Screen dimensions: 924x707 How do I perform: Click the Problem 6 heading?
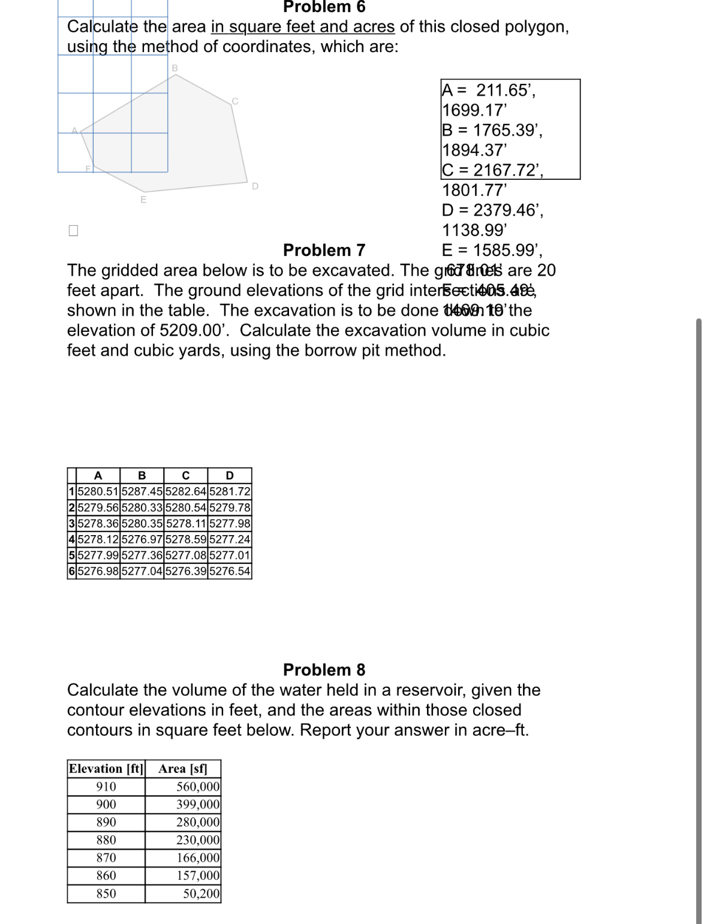[324, 7]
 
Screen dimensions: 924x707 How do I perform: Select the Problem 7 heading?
[324, 250]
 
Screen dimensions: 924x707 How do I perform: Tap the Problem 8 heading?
[324, 669]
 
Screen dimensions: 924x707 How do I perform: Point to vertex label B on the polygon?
[175, 68]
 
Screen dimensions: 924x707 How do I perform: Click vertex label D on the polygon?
[255, 186]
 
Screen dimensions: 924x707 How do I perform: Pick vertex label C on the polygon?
[235, 101]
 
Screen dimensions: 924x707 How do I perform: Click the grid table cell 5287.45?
[142, 492]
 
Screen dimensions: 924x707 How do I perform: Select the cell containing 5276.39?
[186, 571]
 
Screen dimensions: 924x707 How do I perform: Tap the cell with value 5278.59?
[186, 539]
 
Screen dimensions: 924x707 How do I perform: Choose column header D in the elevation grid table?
[230, 476]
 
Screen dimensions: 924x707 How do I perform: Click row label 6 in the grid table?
[72, 571]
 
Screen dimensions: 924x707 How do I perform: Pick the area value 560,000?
[198, 787]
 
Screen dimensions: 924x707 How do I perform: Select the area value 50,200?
[201, 893]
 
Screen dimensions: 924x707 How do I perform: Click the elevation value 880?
[106, 840]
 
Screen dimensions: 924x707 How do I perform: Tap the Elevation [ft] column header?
[106, 769]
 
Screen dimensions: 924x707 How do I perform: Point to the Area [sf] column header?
[183, 769]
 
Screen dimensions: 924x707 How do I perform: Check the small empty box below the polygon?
[73, 231]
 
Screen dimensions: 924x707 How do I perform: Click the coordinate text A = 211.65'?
[488, 90]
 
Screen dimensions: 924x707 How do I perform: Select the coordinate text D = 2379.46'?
[492, 210]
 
